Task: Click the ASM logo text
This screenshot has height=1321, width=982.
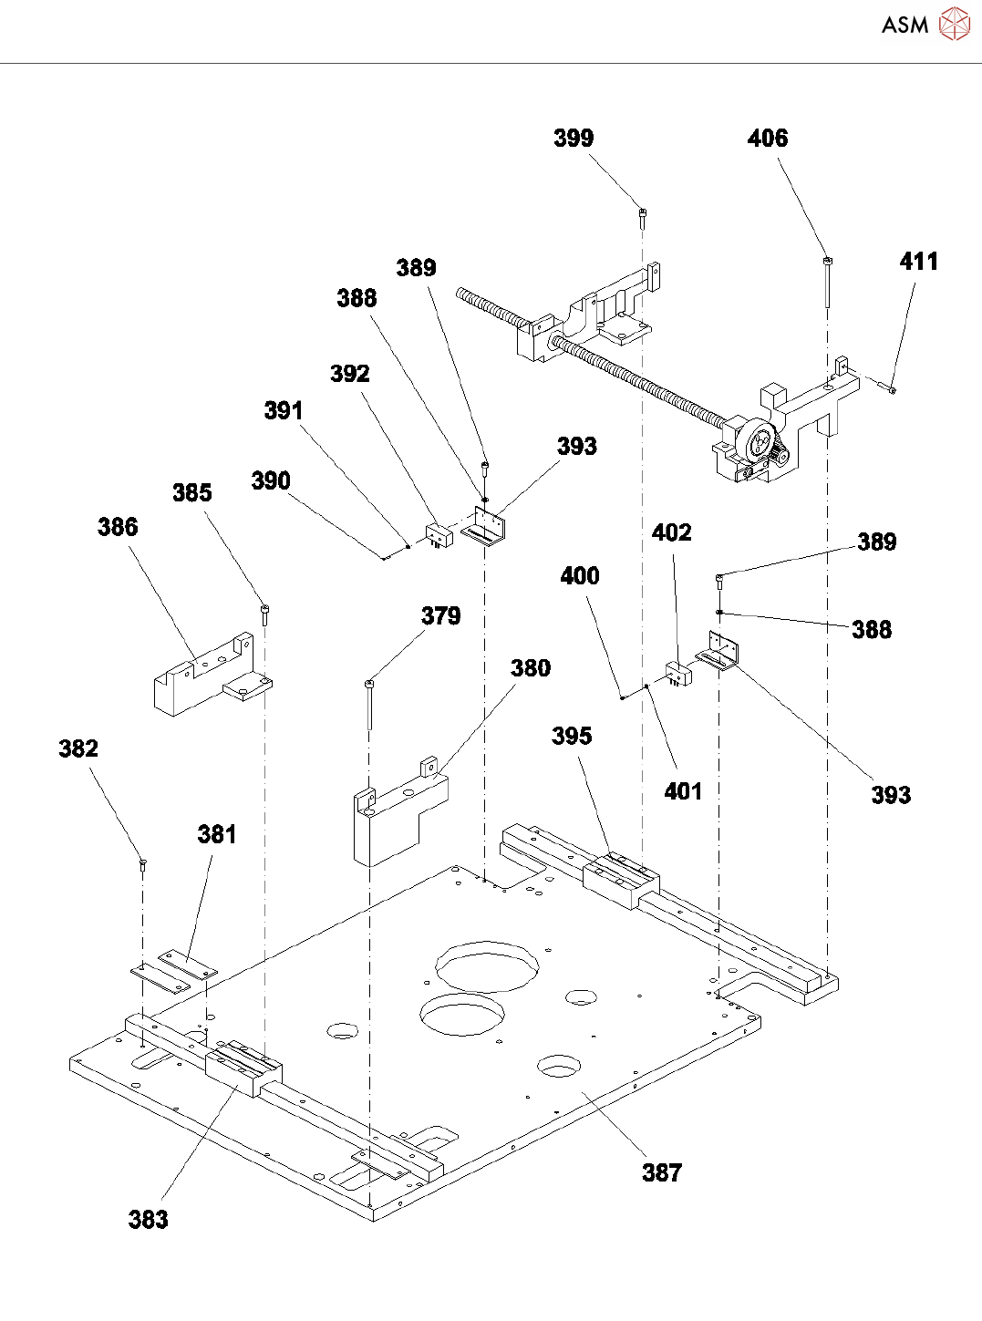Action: tap(904, 25)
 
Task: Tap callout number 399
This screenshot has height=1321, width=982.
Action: tap(574, 139)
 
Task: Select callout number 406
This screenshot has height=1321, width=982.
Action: tap(768, 139)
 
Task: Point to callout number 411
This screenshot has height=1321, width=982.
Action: tap(919, 262)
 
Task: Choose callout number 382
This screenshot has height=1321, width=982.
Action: tap(78, 748)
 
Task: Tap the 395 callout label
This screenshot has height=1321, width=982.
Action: tap(572, 736)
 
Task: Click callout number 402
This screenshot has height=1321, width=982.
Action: tap(672, 532)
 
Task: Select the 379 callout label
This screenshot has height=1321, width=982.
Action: tap(441, 616)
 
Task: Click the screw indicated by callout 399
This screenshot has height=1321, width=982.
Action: tap(643, 219)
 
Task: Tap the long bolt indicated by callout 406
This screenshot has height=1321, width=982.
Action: tap(828, 283)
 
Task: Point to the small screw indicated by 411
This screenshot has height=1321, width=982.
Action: tap(888, 387)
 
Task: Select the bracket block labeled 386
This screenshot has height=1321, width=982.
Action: tap(213, 675)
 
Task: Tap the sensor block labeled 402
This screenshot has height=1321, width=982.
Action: tap(678, 673)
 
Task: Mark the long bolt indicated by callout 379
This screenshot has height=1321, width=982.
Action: tap(370, 706)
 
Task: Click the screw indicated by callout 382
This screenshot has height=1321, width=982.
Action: tap(143, 866)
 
